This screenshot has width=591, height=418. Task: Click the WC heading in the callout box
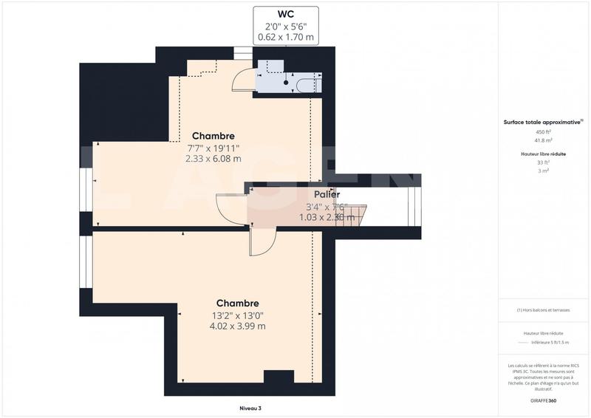pos(287,14)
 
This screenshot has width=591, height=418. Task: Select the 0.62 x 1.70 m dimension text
pos(287,37)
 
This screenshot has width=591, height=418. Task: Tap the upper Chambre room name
pos(213,136)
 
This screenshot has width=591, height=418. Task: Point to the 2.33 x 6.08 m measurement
pos(213,158)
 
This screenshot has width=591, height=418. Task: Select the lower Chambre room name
pos(237,304)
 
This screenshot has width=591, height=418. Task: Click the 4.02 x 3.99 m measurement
pos(237,326)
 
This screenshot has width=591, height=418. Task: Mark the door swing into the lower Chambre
pos(262,240)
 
